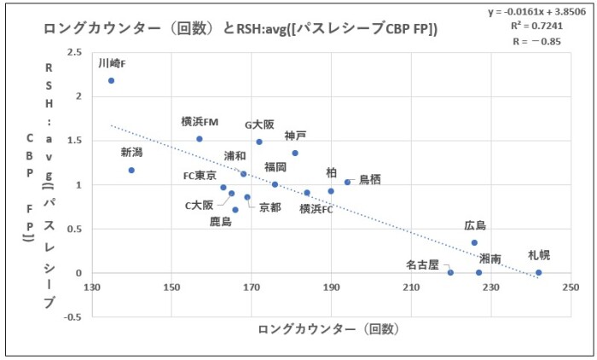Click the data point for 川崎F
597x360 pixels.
tap(111, 80)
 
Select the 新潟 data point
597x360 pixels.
tap(131, 170)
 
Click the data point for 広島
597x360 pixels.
tap(474, 242)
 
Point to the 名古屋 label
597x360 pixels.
tap(421, 265)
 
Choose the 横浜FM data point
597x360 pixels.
tap(200, 138)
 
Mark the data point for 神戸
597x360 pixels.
tap(295, 153)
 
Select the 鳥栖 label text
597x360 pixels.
tap(370, 178)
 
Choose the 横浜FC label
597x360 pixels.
tap(316, 207)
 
